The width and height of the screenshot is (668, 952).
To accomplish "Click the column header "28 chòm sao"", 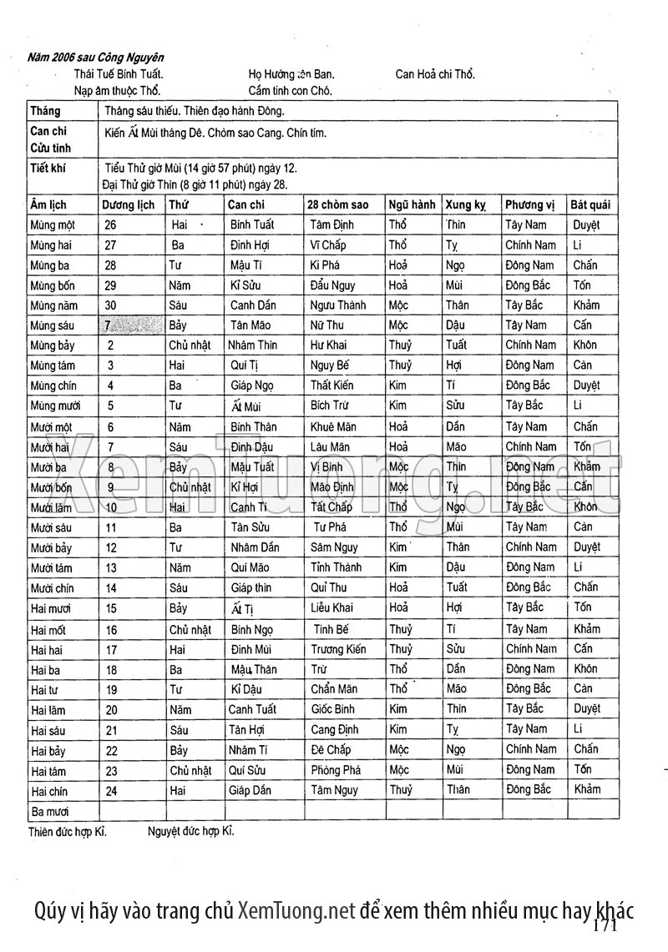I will pyautogui.click(x=337, y=204).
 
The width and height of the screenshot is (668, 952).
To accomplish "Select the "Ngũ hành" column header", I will pyautogui.click(x=411, y=204).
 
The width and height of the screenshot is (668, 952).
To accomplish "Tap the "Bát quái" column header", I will pyautogui.click(x=590, y=204).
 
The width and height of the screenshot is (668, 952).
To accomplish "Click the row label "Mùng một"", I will pyautogui.click(x=52, y=225).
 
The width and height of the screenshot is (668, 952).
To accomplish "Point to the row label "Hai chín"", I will pyautogui.click(x=48, y=791).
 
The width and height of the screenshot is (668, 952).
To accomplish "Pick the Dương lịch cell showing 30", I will pyautogui.click(x=110, y=305).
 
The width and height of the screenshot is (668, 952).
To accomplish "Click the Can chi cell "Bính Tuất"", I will pyautogui.click(x=251, y=224).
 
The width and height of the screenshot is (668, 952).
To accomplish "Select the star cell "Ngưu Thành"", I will pyautogui.click(x=337, y=305).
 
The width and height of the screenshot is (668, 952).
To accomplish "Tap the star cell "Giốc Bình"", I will pyautogui.click(x=331, y=709).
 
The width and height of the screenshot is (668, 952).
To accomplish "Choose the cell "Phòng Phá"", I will pyautogui.click(x=335, y=770).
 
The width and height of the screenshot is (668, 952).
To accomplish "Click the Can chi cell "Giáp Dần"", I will pyautogui.click(x=250, y=790).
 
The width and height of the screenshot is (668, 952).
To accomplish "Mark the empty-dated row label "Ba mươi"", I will pyautogui.click(x=49, y=811).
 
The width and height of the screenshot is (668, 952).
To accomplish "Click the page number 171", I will pyautogui.click(x=605, y=926).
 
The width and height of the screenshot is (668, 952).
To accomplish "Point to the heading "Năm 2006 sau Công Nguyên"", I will pyautogui.click(x=95, y=58).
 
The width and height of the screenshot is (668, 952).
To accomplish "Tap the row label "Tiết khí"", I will pyautogui.click(x=48, y=168).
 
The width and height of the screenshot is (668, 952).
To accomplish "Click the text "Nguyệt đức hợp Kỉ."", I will pyautogui.click(x=191, y=831).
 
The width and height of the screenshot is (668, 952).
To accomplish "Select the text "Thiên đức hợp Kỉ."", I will pyautogui.click(x=67, y=831).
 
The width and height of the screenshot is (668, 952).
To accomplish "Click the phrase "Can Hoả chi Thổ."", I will pyautogui.click(x=435, y=74).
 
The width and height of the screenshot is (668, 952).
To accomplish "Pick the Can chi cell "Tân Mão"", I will pyautogui.click(x=250, y=325).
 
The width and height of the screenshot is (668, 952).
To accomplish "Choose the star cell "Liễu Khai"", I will pyautogui.click(x=331, y=608).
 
